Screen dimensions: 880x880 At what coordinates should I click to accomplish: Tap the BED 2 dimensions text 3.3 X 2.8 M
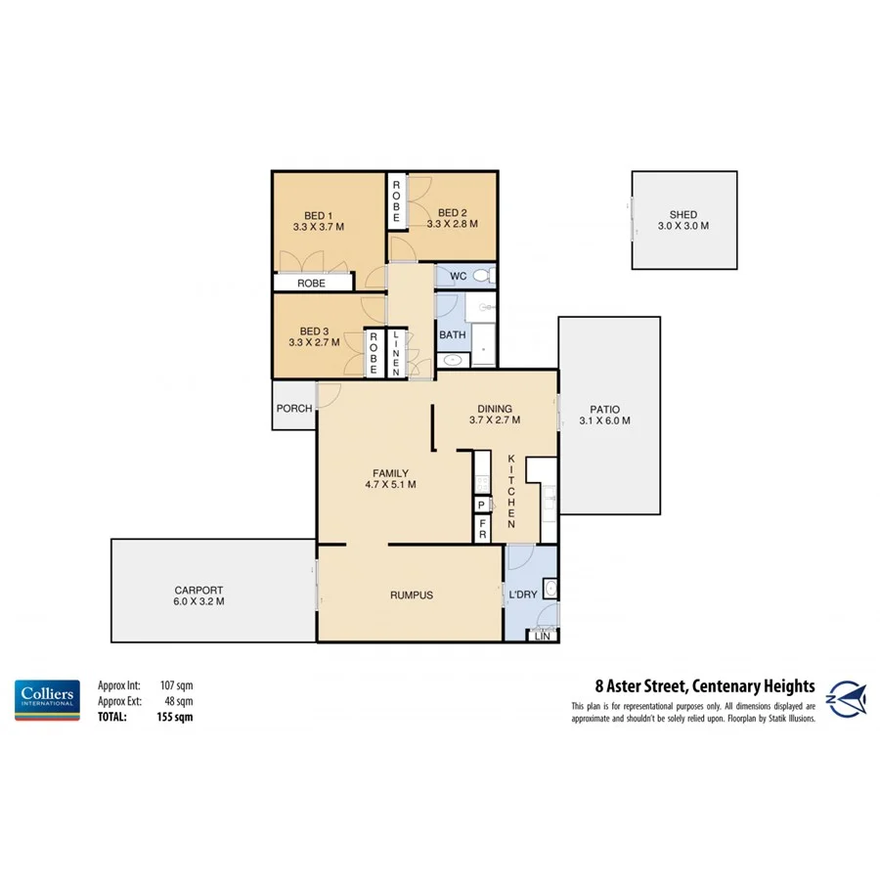[x=452, y=224]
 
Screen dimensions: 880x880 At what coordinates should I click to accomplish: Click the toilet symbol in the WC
[x=480, y=277]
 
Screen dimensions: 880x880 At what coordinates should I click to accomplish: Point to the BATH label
[x=452, y=335]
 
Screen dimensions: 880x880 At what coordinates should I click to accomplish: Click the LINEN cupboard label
[x=396, y=354]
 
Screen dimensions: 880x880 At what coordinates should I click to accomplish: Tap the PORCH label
[x=293, y=409]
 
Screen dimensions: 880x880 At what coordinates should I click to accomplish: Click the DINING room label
[x=494, y=409]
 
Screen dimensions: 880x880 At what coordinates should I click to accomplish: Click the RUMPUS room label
[x=411, y=594]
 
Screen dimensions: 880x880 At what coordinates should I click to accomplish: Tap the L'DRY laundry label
[x=522, y=594]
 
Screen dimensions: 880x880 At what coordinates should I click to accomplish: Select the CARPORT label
[x=198, y=590]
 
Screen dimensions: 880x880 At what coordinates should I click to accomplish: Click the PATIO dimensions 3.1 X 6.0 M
[x=604, y=421]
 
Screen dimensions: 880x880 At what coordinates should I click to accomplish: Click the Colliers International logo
[x=46, y=699]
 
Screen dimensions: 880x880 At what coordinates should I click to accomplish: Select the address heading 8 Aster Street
[x=704, y=686]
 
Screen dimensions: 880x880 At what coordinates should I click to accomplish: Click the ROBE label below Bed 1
[x=311, y=283]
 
